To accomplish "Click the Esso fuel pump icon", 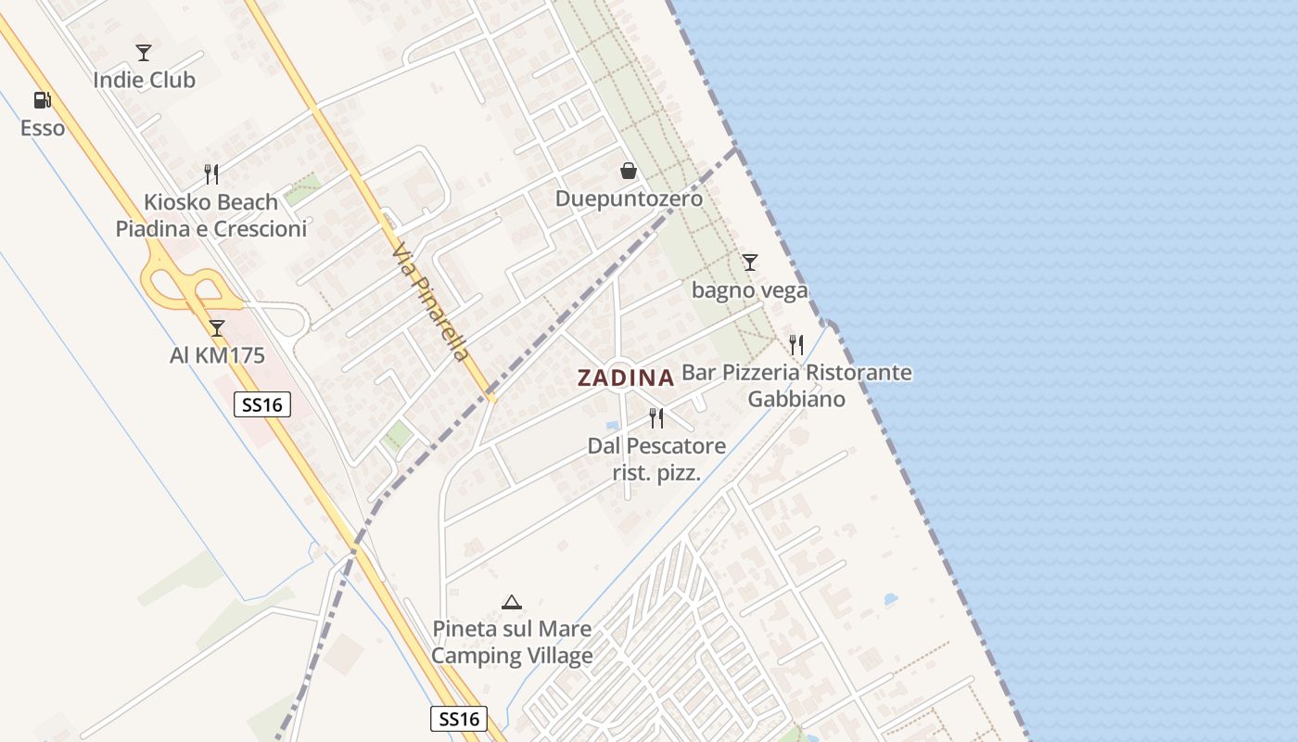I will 42,100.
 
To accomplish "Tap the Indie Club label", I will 144,80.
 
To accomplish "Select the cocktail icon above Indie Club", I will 143,52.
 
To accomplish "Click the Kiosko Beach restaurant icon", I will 211,173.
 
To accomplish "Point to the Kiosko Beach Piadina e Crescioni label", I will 210,215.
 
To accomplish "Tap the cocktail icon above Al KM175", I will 217,327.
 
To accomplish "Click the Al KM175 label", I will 217,355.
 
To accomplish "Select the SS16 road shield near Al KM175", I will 262,404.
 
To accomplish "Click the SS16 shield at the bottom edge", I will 459,719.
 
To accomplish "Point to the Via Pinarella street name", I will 431,302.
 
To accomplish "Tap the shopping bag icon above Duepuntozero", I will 629,171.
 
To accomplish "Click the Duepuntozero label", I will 629,198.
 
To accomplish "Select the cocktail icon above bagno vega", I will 749,262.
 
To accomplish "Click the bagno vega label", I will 749,290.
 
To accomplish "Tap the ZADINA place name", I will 625,377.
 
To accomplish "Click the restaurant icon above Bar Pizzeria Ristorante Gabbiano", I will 796,345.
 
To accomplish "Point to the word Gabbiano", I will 796,399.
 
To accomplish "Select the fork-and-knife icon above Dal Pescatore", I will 656,418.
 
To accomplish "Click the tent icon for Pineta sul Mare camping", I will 511,602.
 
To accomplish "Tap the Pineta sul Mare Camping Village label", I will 512,642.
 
